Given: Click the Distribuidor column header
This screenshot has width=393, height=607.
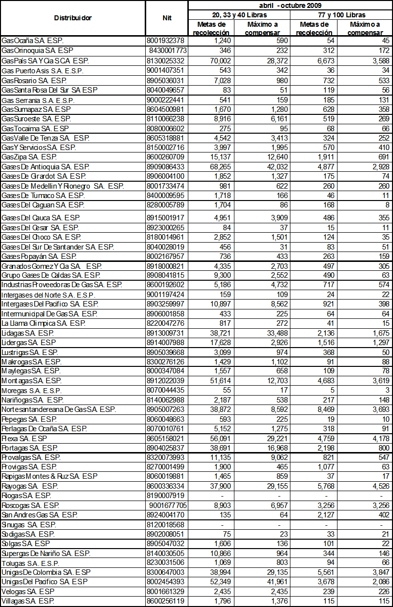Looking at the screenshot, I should point(73,18).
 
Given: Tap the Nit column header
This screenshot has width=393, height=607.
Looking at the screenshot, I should point(167,18).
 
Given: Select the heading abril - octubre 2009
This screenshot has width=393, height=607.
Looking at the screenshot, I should point(290,5).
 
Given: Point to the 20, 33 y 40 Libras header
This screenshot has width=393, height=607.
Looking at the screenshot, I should point(239,15).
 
